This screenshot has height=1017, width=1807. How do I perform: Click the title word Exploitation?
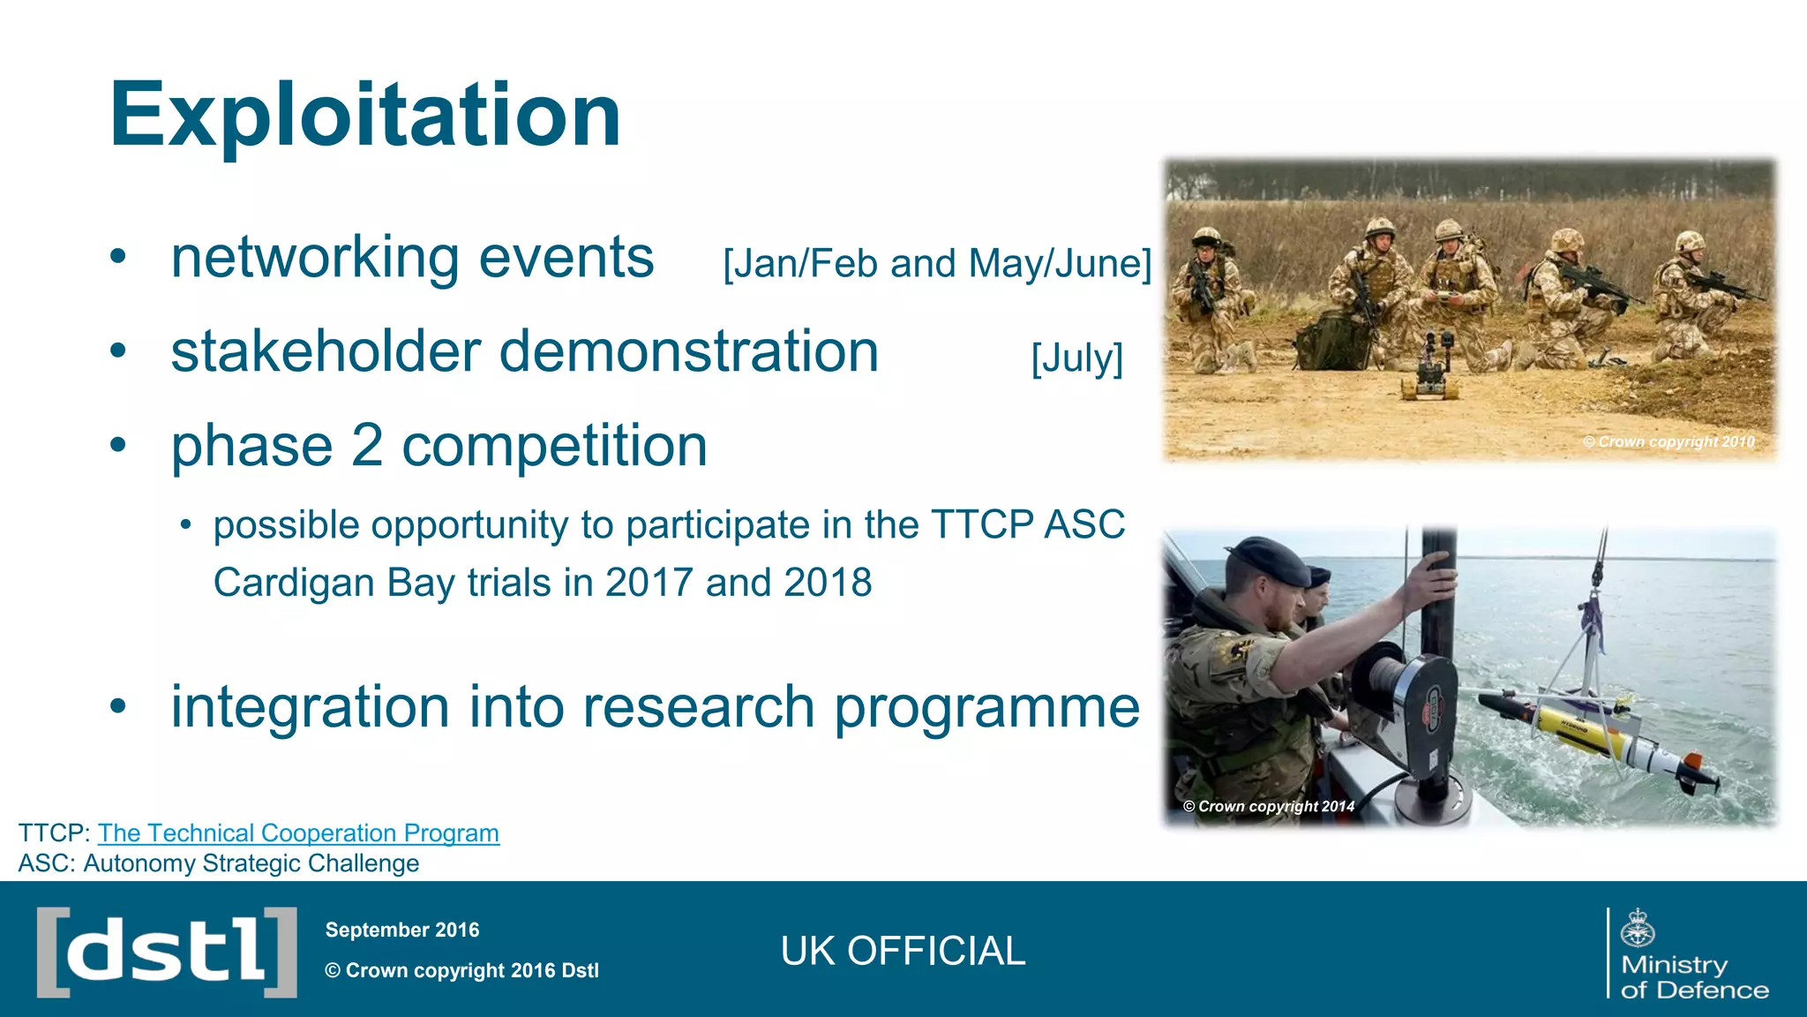tap(364, 116)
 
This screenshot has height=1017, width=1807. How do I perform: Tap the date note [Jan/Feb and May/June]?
tap(937, 264)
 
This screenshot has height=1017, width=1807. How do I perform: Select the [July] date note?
tap(1076, 358)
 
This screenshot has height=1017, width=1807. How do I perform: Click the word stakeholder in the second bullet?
tap(325, 351)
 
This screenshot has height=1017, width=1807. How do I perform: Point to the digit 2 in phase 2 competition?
tap(367, 446)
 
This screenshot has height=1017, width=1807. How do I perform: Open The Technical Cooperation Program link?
tap(298, 832)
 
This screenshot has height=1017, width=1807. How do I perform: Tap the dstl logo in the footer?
tap(167, 952)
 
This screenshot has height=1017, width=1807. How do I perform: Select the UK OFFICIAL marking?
tap(903, 951)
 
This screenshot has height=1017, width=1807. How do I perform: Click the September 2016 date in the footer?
tap(401, 930)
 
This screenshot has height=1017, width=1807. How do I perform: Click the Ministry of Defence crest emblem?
tap(1638, 928)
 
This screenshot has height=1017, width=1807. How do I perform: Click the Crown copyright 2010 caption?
tap(1668, 441)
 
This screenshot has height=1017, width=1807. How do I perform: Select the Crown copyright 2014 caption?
tap(1268, 806)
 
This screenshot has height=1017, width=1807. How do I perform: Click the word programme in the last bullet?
tap(986, 708)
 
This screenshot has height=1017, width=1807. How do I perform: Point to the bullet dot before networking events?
tap(118, 258)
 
